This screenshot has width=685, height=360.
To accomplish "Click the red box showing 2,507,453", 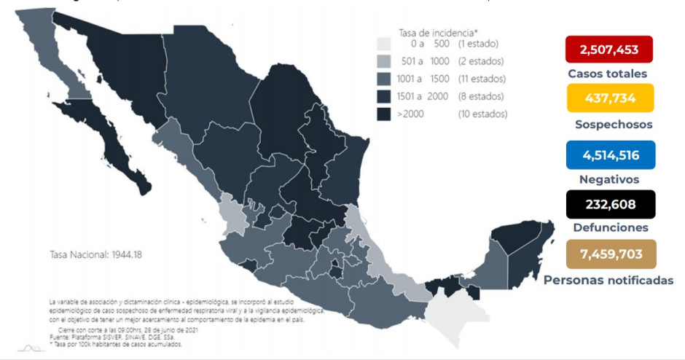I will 608,50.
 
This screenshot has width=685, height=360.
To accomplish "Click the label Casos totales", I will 608,74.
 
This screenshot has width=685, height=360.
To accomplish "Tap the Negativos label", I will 609,179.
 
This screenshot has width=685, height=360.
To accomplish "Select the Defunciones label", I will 609,228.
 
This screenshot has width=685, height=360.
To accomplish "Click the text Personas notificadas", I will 608,280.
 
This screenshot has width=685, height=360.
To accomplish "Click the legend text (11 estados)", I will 482,79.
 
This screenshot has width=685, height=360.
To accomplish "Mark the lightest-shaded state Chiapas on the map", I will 455,310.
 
